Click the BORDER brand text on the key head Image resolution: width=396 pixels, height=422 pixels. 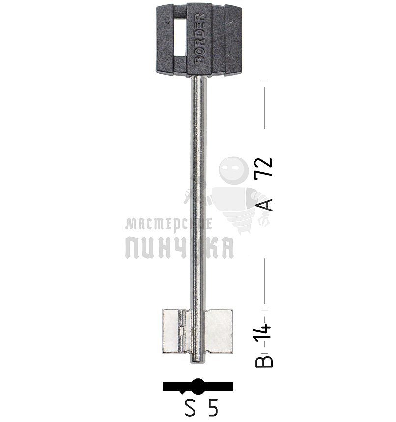pyautogui.click(x=199, y=38)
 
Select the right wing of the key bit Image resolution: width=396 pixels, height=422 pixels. pyautogui.click(x=219, y=331)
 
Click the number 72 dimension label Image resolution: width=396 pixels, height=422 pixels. pyautogui.click(x=264, y=167)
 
